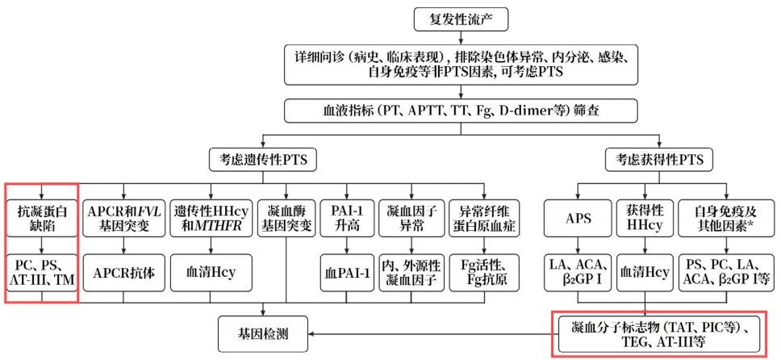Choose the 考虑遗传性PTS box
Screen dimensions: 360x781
(263, 159)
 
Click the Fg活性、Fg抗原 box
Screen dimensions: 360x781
(482, 273)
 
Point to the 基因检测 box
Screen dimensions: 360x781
(263, 333)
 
